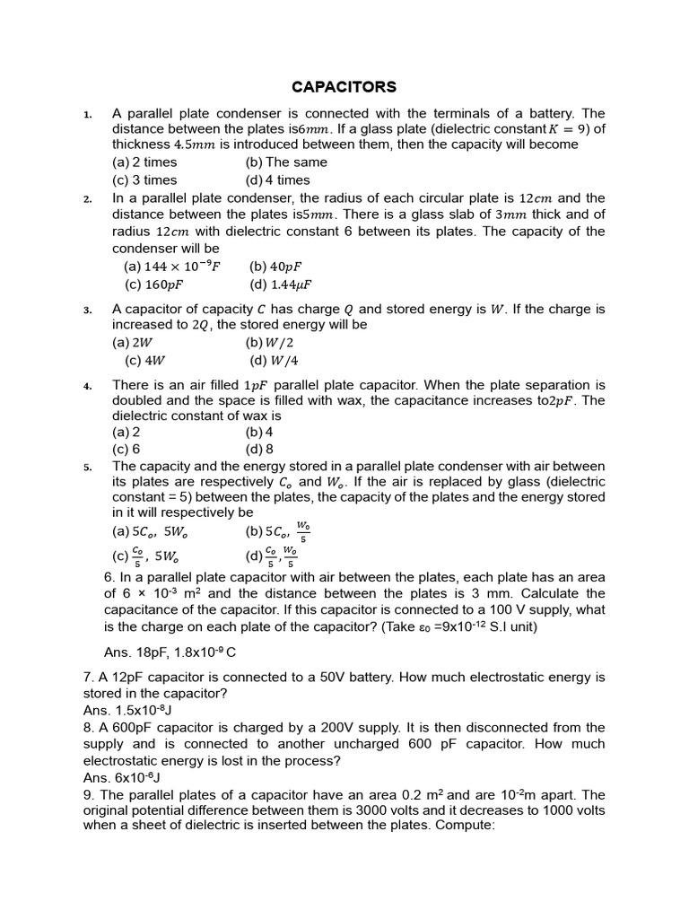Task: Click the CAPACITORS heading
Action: point(344,87)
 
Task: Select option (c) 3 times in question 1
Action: point(144,179)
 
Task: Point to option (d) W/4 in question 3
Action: point(273,361)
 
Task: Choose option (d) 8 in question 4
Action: point(259,450)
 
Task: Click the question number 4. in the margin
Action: point(88,386)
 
